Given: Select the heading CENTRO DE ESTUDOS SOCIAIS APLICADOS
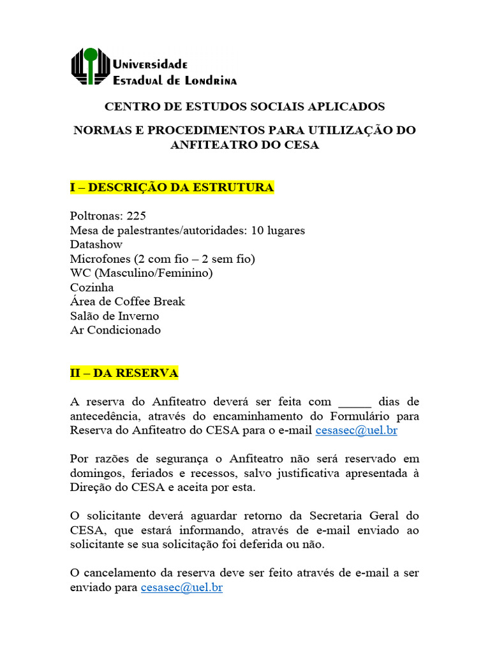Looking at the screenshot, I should click(x=244, y=106).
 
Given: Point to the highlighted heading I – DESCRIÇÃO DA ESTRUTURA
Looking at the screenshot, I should click(x=172, y=187).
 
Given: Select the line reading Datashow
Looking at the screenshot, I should click(x=96, y=244).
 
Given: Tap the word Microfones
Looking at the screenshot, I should click(x=100, y=259).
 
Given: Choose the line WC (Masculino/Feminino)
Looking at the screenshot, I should click(x=141, y=273).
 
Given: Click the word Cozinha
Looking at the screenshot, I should click(x=92, y=287).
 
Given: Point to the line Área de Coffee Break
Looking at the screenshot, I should click(x=128, y=302).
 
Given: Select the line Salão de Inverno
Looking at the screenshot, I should click(x=114, y=316).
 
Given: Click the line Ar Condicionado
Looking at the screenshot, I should click(x=115, y=330).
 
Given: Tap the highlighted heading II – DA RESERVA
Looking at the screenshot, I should click(x=124, y=373).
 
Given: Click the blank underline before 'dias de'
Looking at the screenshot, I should click(x=354, y=402).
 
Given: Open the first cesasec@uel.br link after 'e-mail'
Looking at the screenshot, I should click(x=357, y=430).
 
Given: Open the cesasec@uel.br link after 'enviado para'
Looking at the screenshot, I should click(x=182, y=587).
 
